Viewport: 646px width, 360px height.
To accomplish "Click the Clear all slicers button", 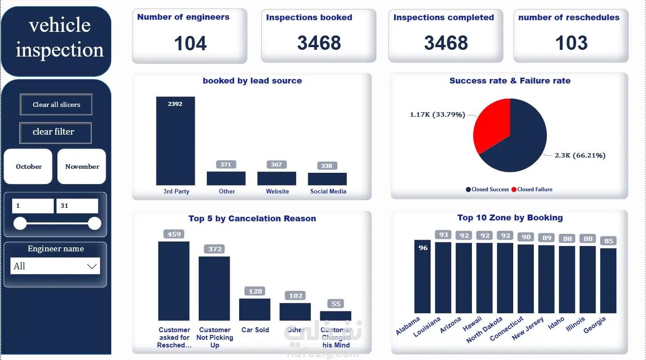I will (56, 105).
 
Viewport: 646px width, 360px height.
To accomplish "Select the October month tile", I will (28, 167).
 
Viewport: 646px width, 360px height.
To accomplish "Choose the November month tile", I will (82, 167).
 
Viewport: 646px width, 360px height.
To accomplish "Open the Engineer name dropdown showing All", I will (55, 266).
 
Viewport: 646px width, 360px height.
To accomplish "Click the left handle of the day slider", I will (20, 223).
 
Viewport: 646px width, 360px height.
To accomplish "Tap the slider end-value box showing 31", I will (77, 206).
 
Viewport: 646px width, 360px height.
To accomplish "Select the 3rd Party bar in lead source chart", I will (175, 144).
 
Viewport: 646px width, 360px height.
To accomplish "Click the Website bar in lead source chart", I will (276, 178).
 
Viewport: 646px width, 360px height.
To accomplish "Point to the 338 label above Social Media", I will (327, 166).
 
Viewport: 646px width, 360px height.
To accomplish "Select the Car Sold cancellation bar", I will (255, 309).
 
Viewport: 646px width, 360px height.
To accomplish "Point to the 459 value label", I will (174, 234).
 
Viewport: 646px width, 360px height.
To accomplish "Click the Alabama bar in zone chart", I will (423, 278).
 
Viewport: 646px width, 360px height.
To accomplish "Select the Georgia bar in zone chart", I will (608, 281).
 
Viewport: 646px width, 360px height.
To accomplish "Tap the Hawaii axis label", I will (473, 324).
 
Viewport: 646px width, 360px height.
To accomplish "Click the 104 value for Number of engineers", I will (190, 44).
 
